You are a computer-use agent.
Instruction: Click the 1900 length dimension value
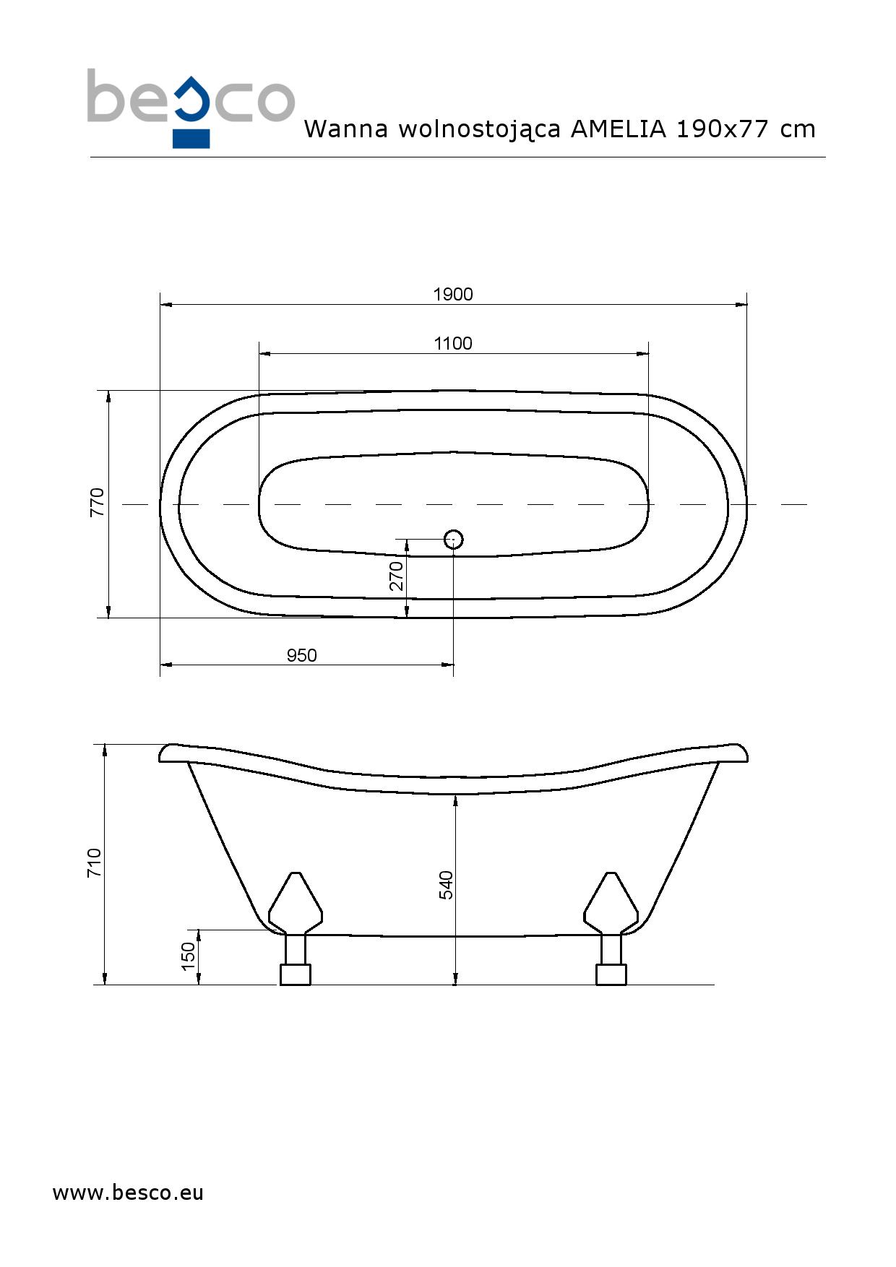coord(453,294)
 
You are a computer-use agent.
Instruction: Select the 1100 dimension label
coord(453,343)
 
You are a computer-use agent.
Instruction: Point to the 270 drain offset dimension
coord(397,576)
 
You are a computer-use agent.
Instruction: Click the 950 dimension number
coord(301,655)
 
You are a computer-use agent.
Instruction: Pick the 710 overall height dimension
coord(95,863)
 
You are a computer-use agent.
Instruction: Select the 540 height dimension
coord(447,885)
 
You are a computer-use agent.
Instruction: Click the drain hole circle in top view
coord(453,539)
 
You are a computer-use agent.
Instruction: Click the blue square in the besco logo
coord(191,139)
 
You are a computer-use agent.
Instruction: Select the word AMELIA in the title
coord(618,129)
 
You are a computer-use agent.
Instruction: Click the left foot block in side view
coord(295,974)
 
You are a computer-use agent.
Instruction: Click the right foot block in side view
coord(611,974)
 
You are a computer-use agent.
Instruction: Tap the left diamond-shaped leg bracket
coord(295,903)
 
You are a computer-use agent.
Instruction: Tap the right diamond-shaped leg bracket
coord(611,903)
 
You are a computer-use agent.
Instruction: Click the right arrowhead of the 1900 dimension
coord(741,305)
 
